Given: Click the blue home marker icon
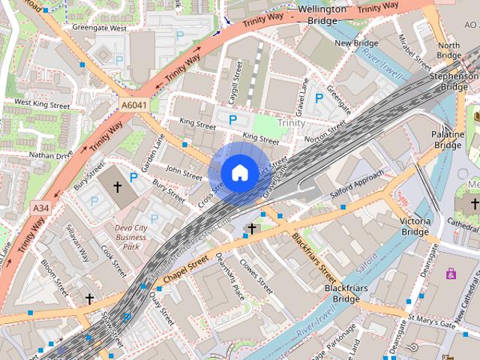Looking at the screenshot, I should coord(239,173).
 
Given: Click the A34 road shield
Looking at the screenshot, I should coord(41,207).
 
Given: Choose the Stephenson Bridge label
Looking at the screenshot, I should coord(454,82).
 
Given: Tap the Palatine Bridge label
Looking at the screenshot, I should coord(447,139).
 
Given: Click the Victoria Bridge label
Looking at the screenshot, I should coord(415,227).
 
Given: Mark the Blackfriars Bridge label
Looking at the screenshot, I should coord(342,293).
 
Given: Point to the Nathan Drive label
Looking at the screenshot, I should coord(51,154).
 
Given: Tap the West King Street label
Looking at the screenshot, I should coord(42,103).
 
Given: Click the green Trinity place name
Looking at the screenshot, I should coord(291,122).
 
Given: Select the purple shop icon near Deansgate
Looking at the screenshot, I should coord(451,274).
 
